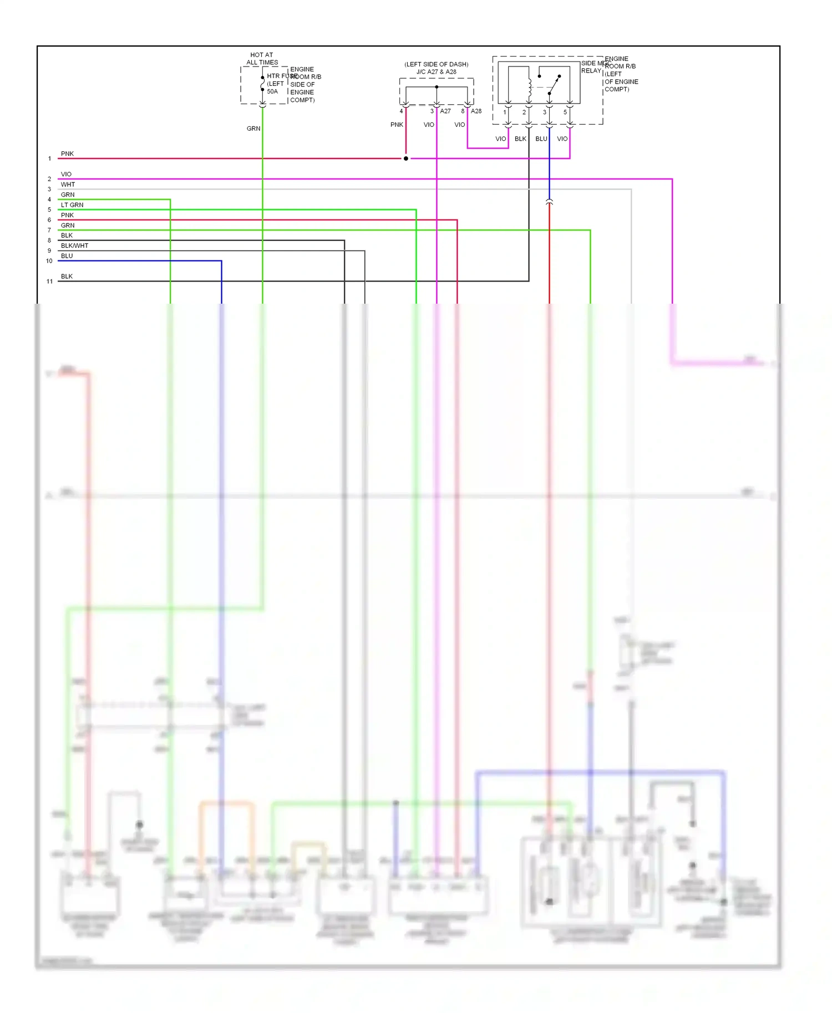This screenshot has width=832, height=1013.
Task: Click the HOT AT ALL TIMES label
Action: click(262, 59)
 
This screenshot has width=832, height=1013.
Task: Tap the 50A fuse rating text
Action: click(272, 91)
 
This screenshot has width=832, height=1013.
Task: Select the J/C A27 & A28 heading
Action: click(437, 71)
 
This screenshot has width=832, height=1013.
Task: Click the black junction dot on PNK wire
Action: click(406, 158)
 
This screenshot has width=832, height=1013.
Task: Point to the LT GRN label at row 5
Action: click(72, 205)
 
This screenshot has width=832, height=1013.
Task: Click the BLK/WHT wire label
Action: click(74, 245)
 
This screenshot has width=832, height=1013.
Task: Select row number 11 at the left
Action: click(49, 282)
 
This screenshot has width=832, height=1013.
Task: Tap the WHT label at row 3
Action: click(68, 185)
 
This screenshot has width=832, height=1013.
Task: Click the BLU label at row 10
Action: click(67, 256)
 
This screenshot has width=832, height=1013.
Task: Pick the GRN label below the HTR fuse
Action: click(253, 129)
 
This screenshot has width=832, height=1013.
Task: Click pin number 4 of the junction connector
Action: click(402, 111)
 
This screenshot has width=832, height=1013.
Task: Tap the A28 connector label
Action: click(476, 111)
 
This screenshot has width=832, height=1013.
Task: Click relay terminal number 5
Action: click(565, 112)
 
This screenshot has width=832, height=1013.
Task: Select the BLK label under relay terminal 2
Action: click(520, 139)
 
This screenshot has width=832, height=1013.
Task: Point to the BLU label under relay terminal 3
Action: click(541, 139)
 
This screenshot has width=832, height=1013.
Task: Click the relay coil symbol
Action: click(530, 86)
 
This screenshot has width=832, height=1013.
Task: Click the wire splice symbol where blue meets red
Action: click(549, 202)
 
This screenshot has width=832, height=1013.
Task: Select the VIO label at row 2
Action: click(66, 175)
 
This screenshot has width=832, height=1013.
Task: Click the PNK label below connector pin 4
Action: click(397, 125)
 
